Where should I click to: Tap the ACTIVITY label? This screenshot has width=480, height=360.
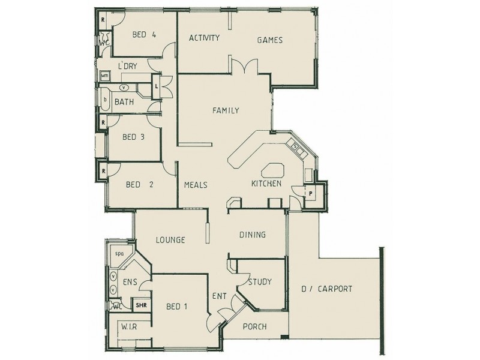204,38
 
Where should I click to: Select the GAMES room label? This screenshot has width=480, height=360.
269,40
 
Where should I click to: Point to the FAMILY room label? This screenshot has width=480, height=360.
226,110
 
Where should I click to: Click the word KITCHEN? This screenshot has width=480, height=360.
266,184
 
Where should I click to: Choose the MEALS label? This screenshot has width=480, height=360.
196,185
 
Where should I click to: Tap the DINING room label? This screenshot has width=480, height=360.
252,235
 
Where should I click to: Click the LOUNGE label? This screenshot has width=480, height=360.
170,240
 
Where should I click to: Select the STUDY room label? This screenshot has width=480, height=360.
259,281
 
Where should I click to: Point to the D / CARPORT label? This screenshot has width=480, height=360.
326,289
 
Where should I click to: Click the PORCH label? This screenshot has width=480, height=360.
254,327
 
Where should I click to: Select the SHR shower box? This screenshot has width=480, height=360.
141,305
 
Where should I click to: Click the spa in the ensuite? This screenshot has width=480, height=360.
120,254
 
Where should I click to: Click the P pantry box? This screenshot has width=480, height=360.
311,193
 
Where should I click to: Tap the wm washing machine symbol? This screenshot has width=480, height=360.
105,76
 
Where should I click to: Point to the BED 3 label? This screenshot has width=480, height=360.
133,137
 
